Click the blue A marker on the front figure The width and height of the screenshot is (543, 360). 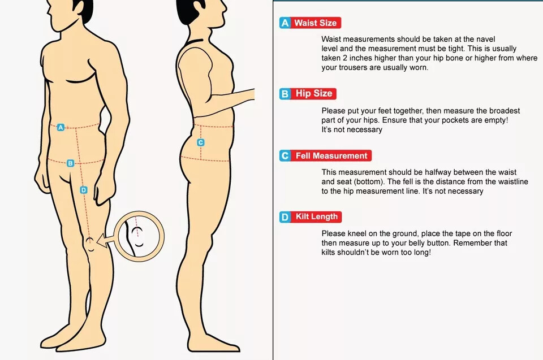(61, 127)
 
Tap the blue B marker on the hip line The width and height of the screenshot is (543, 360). (70, 163)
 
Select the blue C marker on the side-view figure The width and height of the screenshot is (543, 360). (200, 142)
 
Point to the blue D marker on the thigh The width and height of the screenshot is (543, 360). (84, 190)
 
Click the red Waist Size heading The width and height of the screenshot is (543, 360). (316, 23)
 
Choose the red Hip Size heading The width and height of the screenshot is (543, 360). (313, 93)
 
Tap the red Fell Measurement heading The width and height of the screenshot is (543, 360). (331, 156)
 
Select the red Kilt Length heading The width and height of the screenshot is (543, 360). (316, 216)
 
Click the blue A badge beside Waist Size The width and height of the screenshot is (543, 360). (285, 23)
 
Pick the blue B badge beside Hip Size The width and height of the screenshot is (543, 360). (285, 94)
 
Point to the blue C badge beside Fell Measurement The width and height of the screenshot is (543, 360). (285, 156)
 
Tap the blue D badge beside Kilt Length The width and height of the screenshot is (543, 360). (285, 217)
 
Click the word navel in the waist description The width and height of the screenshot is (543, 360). (484, 39)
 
